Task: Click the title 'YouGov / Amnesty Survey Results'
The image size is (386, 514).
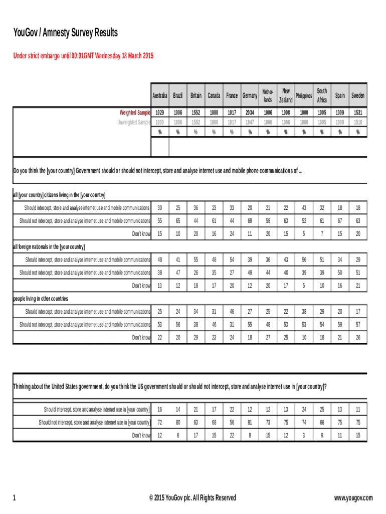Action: pyautogui.click(x=65, y=34)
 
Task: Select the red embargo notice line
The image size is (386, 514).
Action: pyautogui.click(x=83, y=56)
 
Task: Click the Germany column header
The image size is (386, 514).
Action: pyautogui.click(x=250, y=95)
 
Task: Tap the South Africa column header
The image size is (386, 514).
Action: pyautogui.click(x=322, y=95)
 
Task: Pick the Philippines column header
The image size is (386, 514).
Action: pyautogui.click(x=304, y=95)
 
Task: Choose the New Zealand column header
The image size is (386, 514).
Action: pyautogui.click(x=286, y=95)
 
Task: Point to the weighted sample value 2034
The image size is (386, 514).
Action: pyautogui.click(x=250, y=113)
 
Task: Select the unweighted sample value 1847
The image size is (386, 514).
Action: pyautogui.click(x=250, y=122)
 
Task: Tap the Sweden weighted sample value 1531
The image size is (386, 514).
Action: pyautogui.click(x=358, y=113)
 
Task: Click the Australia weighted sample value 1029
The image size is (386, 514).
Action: pyautogui.click(x=160, y=113)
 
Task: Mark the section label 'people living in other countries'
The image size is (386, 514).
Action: pyautogui.click(x=40, y=299)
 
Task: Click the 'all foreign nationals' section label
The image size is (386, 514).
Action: pyautogui.click(x=49, y=247)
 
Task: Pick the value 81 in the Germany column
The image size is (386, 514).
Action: pyautogui.click(x=250, y=423)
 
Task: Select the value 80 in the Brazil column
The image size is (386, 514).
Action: pyautogui.click(x=178, y=423)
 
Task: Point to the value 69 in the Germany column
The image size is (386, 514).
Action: pyautogui.click(x=250, y=221)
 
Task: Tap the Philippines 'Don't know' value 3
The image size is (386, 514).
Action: pyautogui.click(x=304, y=436)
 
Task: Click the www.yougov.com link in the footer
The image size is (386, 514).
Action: pyautogui.click(x=354, y=498)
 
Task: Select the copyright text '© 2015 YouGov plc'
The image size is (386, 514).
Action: pyautogui.click(x=192, y=498)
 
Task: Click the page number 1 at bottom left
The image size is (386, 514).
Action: pyautogui.click(x=15, y=498)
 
